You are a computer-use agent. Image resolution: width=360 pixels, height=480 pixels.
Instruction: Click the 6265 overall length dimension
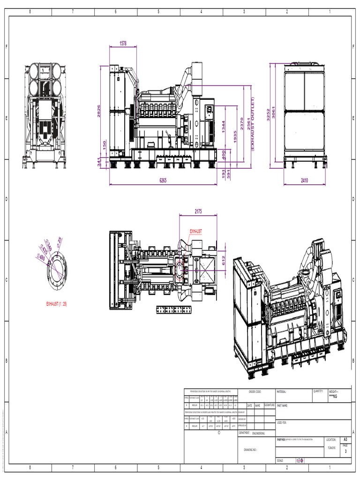click(163, 180)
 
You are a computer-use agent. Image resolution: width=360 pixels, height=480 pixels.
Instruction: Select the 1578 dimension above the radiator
click(123, 43)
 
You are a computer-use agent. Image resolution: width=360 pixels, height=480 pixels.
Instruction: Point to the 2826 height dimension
click(99, 111)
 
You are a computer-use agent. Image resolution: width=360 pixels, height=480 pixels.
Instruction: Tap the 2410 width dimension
click(305, 180)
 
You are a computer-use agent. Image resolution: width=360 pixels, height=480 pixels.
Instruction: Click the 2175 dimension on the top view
click(198, 211)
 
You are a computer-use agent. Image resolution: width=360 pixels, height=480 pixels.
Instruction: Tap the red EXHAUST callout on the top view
click(196, 232)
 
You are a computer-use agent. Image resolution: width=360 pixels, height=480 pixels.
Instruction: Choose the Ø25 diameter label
click(60, 240)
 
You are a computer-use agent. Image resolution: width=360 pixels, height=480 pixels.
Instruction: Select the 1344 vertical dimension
click(224, 127)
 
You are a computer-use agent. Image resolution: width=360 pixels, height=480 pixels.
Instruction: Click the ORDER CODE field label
click(255, 391)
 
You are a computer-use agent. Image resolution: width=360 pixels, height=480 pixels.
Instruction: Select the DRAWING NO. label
click(250, 449)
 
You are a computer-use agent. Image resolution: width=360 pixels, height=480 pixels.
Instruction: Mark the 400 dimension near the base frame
click(224, 154)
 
